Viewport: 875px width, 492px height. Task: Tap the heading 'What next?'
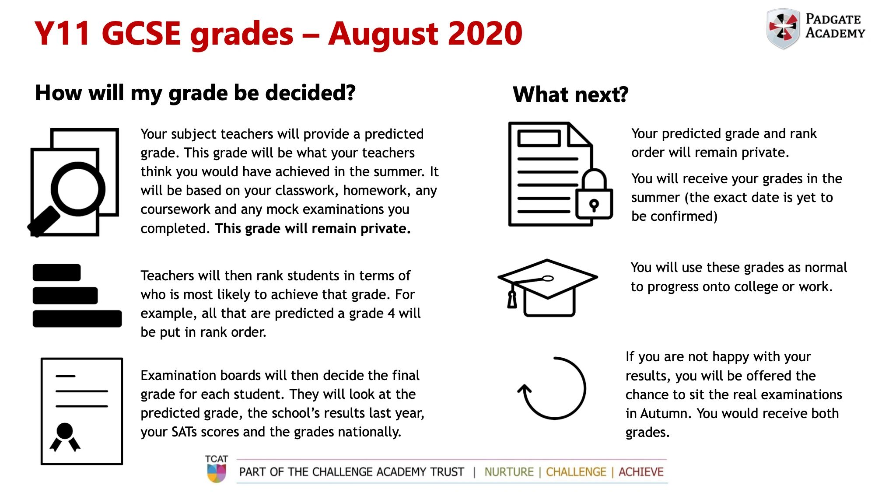coord(570,94)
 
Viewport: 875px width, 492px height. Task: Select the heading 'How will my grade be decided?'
coord(195,93)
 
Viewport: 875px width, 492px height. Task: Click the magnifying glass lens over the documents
coord(78,189)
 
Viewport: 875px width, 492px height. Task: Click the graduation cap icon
coord(547,286)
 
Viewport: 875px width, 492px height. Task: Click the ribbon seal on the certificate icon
coord(65,436)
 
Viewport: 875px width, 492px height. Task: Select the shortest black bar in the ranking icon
coord(56,272)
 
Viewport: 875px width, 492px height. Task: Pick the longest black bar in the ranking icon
coord(77,319)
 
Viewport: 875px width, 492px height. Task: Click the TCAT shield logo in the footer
coord(216,473)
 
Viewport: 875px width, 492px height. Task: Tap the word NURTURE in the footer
coord(509,472)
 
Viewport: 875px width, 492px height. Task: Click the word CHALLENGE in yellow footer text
coord(576,472)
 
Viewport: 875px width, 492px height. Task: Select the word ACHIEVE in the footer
coord(641,472)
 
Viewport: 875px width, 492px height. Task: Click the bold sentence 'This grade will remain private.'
coord(312,228)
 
